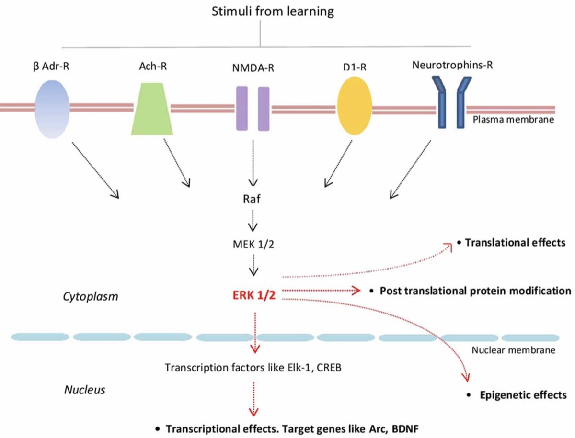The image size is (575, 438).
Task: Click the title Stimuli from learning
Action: click(259, 11)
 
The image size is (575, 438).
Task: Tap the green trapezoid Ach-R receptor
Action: click(152, 109)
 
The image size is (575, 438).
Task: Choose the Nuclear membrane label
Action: click(513, 350)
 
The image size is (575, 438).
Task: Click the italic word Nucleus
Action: click(85, 390)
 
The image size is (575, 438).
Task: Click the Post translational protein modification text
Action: click(475, 291)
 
